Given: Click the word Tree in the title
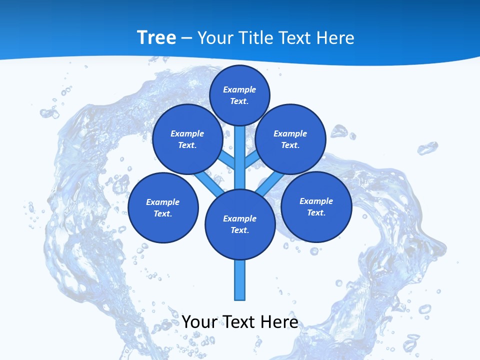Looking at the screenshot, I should coord(156,37).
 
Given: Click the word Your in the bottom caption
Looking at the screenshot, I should coord(199,321).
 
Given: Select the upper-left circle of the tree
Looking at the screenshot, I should coord(187,139).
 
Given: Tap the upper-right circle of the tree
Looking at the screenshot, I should coord(290,139).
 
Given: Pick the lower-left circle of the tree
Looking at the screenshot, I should coord(163,207).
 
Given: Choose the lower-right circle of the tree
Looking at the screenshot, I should coord(316,206).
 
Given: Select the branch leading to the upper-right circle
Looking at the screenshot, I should coord(252,160).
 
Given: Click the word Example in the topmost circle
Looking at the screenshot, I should coord(239,89).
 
